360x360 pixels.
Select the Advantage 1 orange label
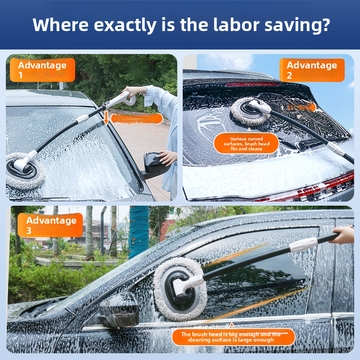click(42, 70)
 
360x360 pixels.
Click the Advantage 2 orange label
click(312, 70)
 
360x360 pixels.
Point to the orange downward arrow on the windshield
click(106, 118)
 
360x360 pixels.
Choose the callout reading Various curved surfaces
click(247, 144)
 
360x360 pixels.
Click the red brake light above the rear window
click(252, 84)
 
